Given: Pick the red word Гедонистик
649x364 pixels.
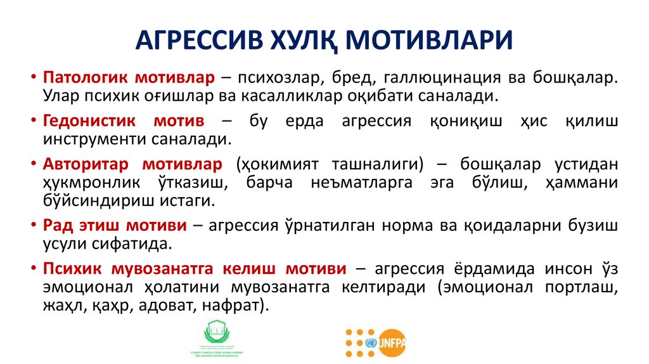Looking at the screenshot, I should click(86, 121).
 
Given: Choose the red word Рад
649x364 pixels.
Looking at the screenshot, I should click(58, 226).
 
